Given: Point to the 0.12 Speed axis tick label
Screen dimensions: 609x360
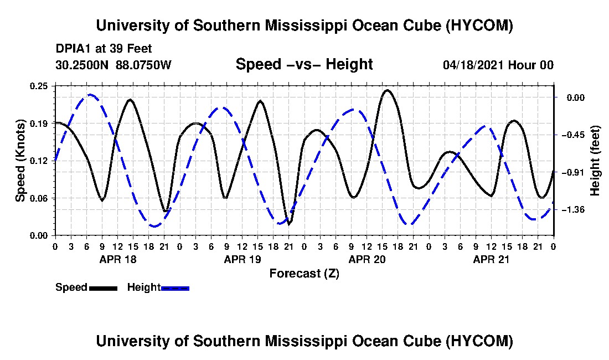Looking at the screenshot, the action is click(x=38, y=161).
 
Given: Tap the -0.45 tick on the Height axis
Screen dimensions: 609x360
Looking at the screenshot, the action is click(x=574, y=135).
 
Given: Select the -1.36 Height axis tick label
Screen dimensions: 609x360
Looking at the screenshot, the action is click(x=574, y=210).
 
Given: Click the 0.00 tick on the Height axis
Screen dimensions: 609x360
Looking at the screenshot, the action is click(x=576, y=97).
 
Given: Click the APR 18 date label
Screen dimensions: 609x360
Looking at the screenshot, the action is click(x=118, y=259).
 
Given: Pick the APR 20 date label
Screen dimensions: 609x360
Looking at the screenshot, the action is click(x=367, y=259).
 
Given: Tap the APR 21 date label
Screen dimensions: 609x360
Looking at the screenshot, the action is click(x=491, y=259).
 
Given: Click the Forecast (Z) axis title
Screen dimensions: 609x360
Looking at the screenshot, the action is click(x=304, y=274).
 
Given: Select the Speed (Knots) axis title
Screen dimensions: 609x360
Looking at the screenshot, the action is click(x=20, y=161).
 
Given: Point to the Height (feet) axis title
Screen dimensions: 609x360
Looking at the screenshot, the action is click(x=595, y=161).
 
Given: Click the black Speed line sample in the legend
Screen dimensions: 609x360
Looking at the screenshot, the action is click(x=103, y=288).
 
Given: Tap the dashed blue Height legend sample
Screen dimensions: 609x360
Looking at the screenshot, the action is click(x=175, y=288).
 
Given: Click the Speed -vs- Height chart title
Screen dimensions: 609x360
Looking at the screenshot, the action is click(x=304, y=64).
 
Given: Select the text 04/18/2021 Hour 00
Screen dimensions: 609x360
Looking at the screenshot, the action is click(x=498, y=65).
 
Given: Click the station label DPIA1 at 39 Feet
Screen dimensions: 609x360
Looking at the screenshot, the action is click(x=104, y=49).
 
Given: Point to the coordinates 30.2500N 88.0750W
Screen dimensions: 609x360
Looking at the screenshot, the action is click(x=113, y=65).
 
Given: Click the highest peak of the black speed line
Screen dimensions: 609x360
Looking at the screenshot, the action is click(x=387, y=90).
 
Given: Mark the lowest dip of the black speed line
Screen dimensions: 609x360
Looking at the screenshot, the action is click(x=288, y=224).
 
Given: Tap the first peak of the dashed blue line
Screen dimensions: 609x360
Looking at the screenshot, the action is click(x=90, y=94).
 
